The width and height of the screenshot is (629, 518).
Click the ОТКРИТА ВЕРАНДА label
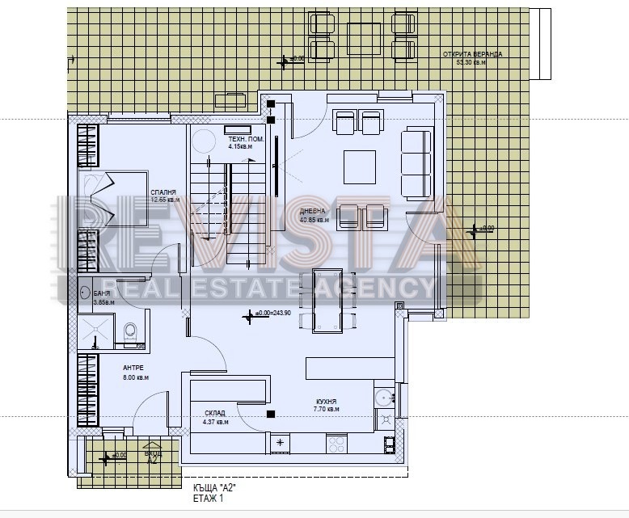coord(472,54)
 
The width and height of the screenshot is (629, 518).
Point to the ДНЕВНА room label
coord(314,211)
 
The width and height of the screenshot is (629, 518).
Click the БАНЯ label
coord(102,293)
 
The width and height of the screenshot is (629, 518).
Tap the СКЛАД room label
coord(216,413)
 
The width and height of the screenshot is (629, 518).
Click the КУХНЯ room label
coord(326,402)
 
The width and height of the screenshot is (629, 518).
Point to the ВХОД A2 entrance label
coord(152,457)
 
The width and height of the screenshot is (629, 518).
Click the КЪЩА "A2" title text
coord(214,488)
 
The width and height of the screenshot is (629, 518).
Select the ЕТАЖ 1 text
coord(209,499)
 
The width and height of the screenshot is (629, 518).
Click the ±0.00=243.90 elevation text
coord(272,313)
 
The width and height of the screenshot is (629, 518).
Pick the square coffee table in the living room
coord(359,167)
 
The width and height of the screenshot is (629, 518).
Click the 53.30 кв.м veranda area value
coord(472,62)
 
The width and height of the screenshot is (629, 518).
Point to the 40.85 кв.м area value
coord(314,219)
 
